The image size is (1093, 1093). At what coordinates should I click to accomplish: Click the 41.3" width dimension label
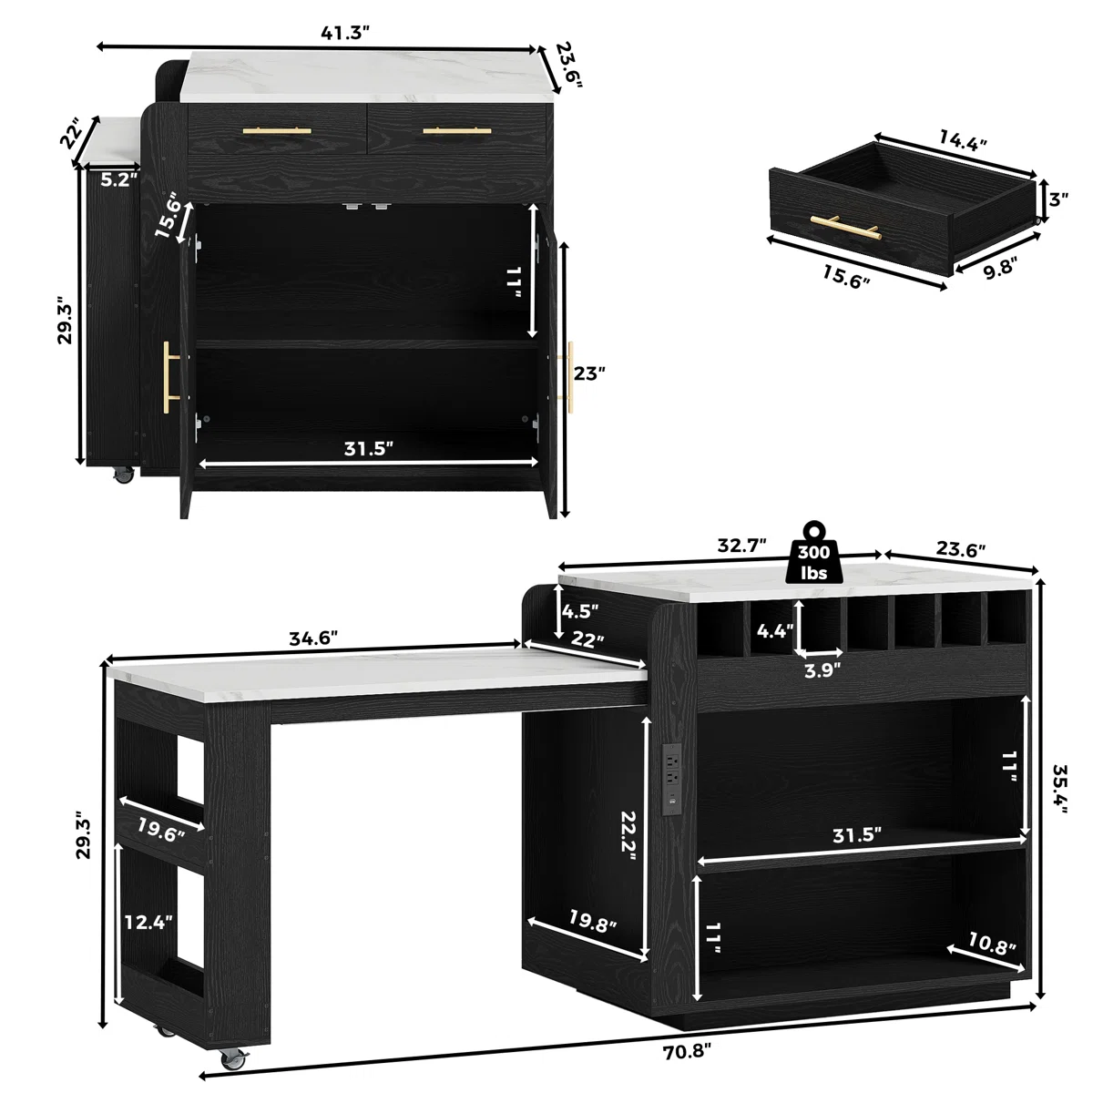pyautogui.click(x=345, y=34)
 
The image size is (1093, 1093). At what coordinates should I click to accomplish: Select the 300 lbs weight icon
pyautogui.click(x=813, y=553)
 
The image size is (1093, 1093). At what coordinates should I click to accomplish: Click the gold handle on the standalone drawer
pyautogui.click(x=845, y=228)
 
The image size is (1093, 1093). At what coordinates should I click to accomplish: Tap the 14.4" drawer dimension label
pyautogui.click(x=963, y=140)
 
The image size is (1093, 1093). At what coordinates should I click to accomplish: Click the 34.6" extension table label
pyautogui.click(x=313, y=638)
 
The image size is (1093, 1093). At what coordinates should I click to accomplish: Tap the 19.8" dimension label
pyautogui.click(x=592, y=922)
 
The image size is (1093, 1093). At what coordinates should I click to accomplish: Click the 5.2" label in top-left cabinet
pyautogui.click(x=119, y=179)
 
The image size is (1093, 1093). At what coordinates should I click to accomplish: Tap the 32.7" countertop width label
pyautogui.click(x=742, y=545)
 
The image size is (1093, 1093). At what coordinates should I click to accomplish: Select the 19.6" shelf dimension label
pyautogui.click(x=161, y=831)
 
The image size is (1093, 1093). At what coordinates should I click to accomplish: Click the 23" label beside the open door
pyautogui.click(x=589, y=373)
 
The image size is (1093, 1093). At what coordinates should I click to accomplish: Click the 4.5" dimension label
pyautogui.click(x=579, y=611)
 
